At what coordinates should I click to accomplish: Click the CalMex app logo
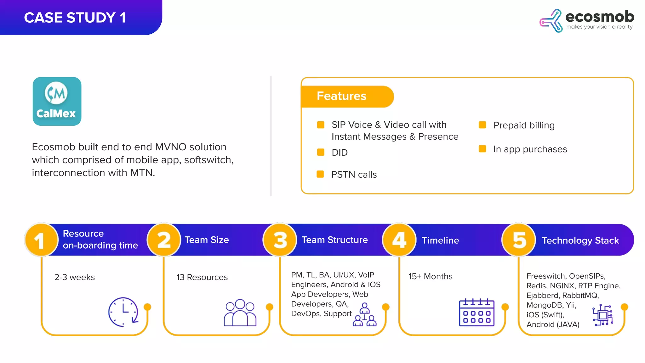[57, 101]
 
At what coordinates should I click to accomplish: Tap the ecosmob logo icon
[551, 21]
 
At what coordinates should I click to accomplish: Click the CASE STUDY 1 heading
[75, 18]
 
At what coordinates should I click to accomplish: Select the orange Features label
[342, 96]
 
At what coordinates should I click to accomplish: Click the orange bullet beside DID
[321, 152]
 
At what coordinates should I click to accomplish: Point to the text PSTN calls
[354, 175]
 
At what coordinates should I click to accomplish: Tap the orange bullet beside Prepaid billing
[482, 125]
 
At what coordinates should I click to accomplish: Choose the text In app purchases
[530, 149]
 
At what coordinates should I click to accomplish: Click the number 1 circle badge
[41, 240]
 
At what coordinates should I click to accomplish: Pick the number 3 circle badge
[280, 240]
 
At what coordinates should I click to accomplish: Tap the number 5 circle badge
[519, 240]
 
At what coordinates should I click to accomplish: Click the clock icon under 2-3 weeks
[123, 312]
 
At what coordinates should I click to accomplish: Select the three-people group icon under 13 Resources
[240, 313]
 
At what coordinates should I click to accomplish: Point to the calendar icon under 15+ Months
[477, 312]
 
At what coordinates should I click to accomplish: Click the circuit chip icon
[602, 315]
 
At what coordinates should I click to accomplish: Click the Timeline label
[440, 240]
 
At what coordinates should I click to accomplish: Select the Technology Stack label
[580, 240]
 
